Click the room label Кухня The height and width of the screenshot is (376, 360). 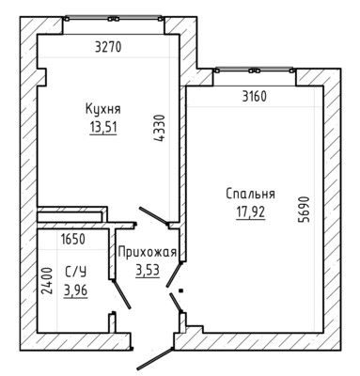tap(103, 110)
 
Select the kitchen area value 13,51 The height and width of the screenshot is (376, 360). tap(103, 128)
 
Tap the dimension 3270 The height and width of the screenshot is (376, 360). tap(108, 47)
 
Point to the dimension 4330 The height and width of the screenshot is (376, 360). tap(160, 129)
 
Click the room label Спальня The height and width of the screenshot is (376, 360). tap(251, 194)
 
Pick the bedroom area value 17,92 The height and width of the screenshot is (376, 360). tap(251, 212)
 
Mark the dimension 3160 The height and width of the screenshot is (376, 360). tap(255, 97)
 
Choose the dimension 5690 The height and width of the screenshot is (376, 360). tap(304, 210)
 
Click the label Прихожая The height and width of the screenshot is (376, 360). tap(148, 252)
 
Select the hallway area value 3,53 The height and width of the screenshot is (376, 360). tap(148, 270)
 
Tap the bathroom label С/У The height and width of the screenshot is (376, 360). tap(75, 272)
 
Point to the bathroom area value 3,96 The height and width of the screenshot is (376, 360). tap(75, 290)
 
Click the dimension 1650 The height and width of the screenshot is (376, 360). tap(73, 240)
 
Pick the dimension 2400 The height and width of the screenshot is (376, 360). tap(47, 280)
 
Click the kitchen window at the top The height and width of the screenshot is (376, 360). tap(114, 19)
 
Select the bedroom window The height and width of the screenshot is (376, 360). tap(254, 70)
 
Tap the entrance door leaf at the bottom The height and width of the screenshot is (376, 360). tap(155, 358)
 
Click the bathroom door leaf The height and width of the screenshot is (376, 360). tap(121, 294)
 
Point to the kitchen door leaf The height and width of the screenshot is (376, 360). tap(154, 216)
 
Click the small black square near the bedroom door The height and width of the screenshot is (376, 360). tap(180, 290)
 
